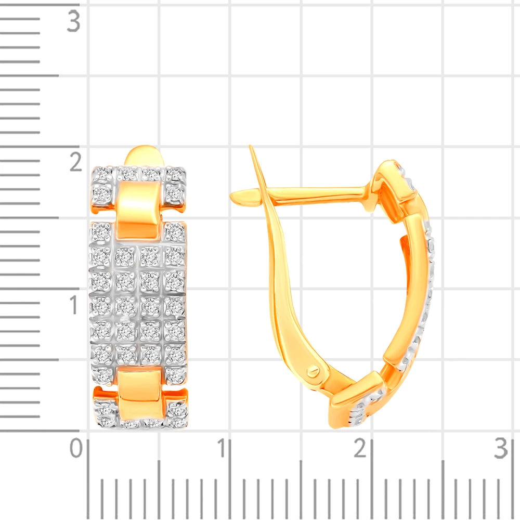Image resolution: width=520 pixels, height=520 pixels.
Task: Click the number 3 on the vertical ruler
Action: click(74, 21)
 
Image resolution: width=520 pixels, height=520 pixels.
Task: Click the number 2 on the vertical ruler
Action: click(75, 162)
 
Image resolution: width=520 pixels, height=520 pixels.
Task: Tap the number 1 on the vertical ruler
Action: click(74, 304)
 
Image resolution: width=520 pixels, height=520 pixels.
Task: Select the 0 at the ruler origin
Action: click(76, 448)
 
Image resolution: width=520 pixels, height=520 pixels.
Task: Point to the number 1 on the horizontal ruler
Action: click(221, 448)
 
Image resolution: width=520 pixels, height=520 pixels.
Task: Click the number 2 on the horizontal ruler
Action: click(360, 448)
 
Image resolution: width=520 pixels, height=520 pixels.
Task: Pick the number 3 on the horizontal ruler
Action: click(501, 448)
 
